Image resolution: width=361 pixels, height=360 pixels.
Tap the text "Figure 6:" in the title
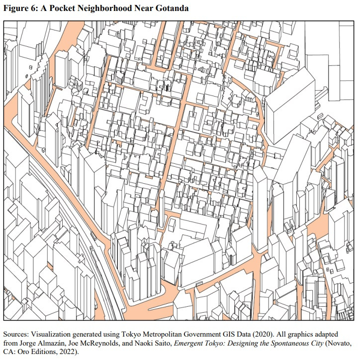pos(21,8)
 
